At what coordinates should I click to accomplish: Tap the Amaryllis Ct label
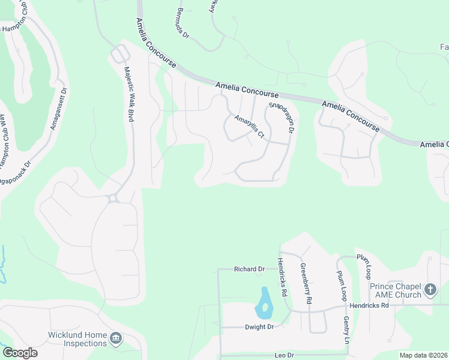coord(249,127)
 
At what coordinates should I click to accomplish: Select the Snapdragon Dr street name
coord(282,117)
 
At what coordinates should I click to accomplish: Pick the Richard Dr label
coord(249,269)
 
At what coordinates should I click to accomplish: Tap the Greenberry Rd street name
coord(306,282)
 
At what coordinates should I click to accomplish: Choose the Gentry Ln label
coord(346,331)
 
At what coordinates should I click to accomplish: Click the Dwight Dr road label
coord(259,327)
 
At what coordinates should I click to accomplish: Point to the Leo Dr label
coord(284,355)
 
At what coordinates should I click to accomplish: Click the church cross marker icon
coord(430,290)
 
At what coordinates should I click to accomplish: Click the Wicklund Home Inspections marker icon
coord(115,340)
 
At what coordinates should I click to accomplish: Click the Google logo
coord(20,353)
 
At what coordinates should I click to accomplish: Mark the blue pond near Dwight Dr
coord(263,305)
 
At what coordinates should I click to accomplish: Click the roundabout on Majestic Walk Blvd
coord(112,198)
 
